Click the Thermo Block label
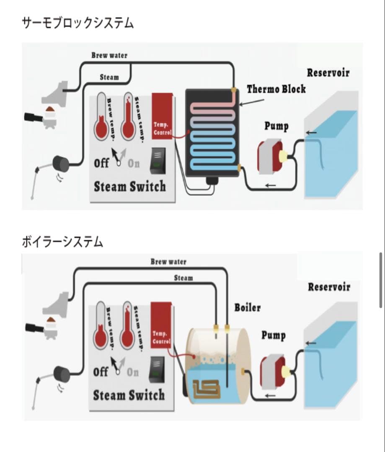(x=276, y=89)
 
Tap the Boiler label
(x=247, y=308)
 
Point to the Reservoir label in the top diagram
(x=328, y=72)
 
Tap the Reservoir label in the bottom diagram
(x=329, y=287)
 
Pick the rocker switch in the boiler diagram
(x=158, y=369)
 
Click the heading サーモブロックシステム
(x=78, y=23)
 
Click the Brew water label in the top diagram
(x=109, y=55)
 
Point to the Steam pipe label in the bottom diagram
(x=183, y=278)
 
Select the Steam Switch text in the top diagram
(x=129, y=187)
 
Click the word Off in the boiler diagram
(x=101, y=372)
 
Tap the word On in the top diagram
(x=134, y=164)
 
